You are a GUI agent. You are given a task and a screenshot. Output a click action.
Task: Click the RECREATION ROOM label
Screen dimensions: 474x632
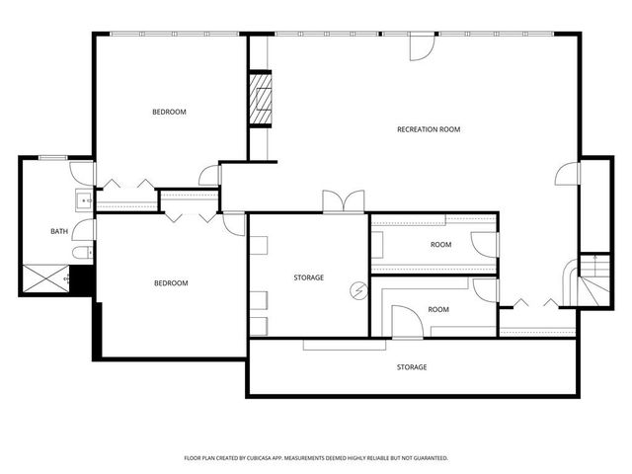click(429, 129)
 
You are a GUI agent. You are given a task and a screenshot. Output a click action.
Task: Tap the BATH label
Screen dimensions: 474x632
click(60, 232)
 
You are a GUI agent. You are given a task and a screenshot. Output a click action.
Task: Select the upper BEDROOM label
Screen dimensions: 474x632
click(169, 112)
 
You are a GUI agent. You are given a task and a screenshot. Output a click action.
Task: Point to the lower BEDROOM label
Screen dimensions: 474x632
click(170, 283)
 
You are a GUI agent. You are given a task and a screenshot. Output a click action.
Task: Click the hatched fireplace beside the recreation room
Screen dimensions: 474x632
click(259, 99)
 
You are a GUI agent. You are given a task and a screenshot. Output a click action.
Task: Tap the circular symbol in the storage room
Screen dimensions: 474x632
click(357, 290)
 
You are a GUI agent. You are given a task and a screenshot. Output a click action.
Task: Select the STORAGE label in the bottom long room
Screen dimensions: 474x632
click(412, 367)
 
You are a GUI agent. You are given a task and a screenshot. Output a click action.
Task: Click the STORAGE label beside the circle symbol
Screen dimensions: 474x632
click(308, 277)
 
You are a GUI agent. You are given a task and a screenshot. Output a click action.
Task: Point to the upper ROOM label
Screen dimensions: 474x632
click(440, 244)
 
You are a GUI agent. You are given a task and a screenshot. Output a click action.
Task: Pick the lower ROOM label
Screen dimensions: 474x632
click(437, 309)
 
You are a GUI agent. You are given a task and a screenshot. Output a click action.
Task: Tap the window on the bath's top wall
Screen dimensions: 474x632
click(51, 158)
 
